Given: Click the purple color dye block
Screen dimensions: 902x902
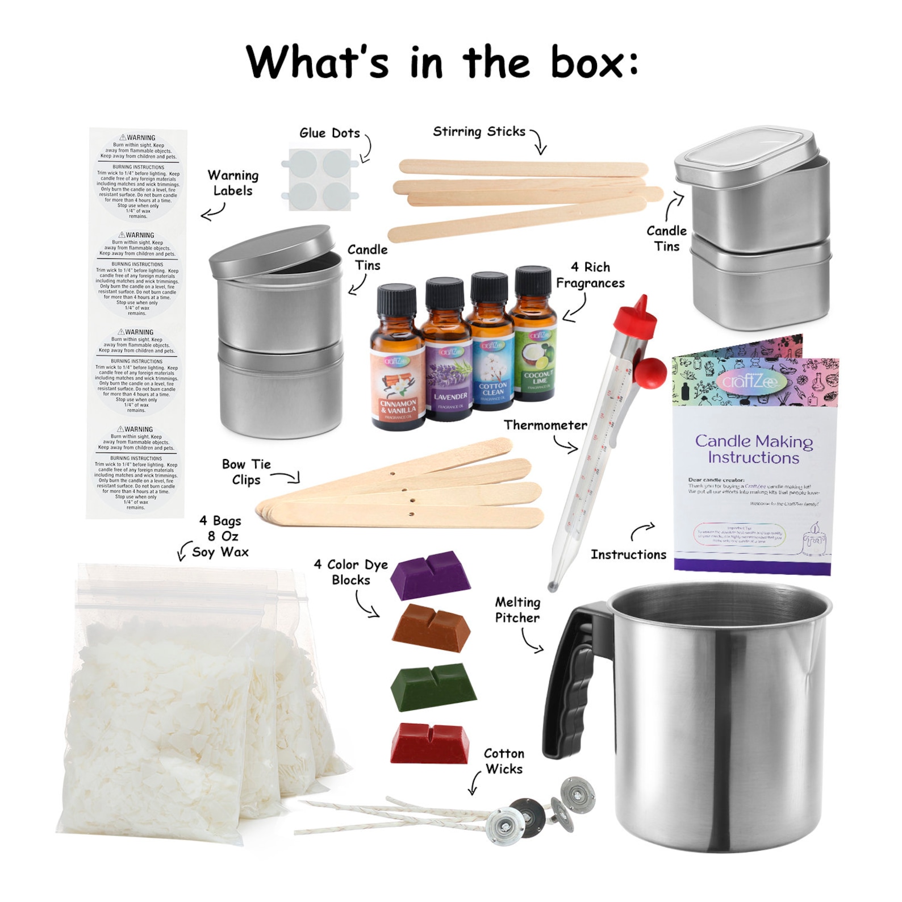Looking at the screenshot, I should (430, 574).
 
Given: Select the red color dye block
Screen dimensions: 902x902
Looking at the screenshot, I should (430, 742).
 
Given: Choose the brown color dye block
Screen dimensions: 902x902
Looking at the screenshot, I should (431, 627).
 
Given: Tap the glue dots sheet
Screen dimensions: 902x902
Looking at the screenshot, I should (320, 179).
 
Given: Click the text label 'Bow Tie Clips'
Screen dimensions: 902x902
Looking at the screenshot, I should (246, 472).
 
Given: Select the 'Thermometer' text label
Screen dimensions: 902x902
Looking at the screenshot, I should (545, 425).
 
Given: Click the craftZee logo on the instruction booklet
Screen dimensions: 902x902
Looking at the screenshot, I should (751, 381).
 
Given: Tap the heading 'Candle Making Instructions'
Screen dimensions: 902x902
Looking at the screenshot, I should (753, 449).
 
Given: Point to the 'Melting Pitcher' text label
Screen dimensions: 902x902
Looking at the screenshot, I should (517, 609).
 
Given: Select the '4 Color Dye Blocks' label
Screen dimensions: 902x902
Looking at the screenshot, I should (350, 572).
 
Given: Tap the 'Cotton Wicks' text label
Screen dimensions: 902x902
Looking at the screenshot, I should (503, 761).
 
